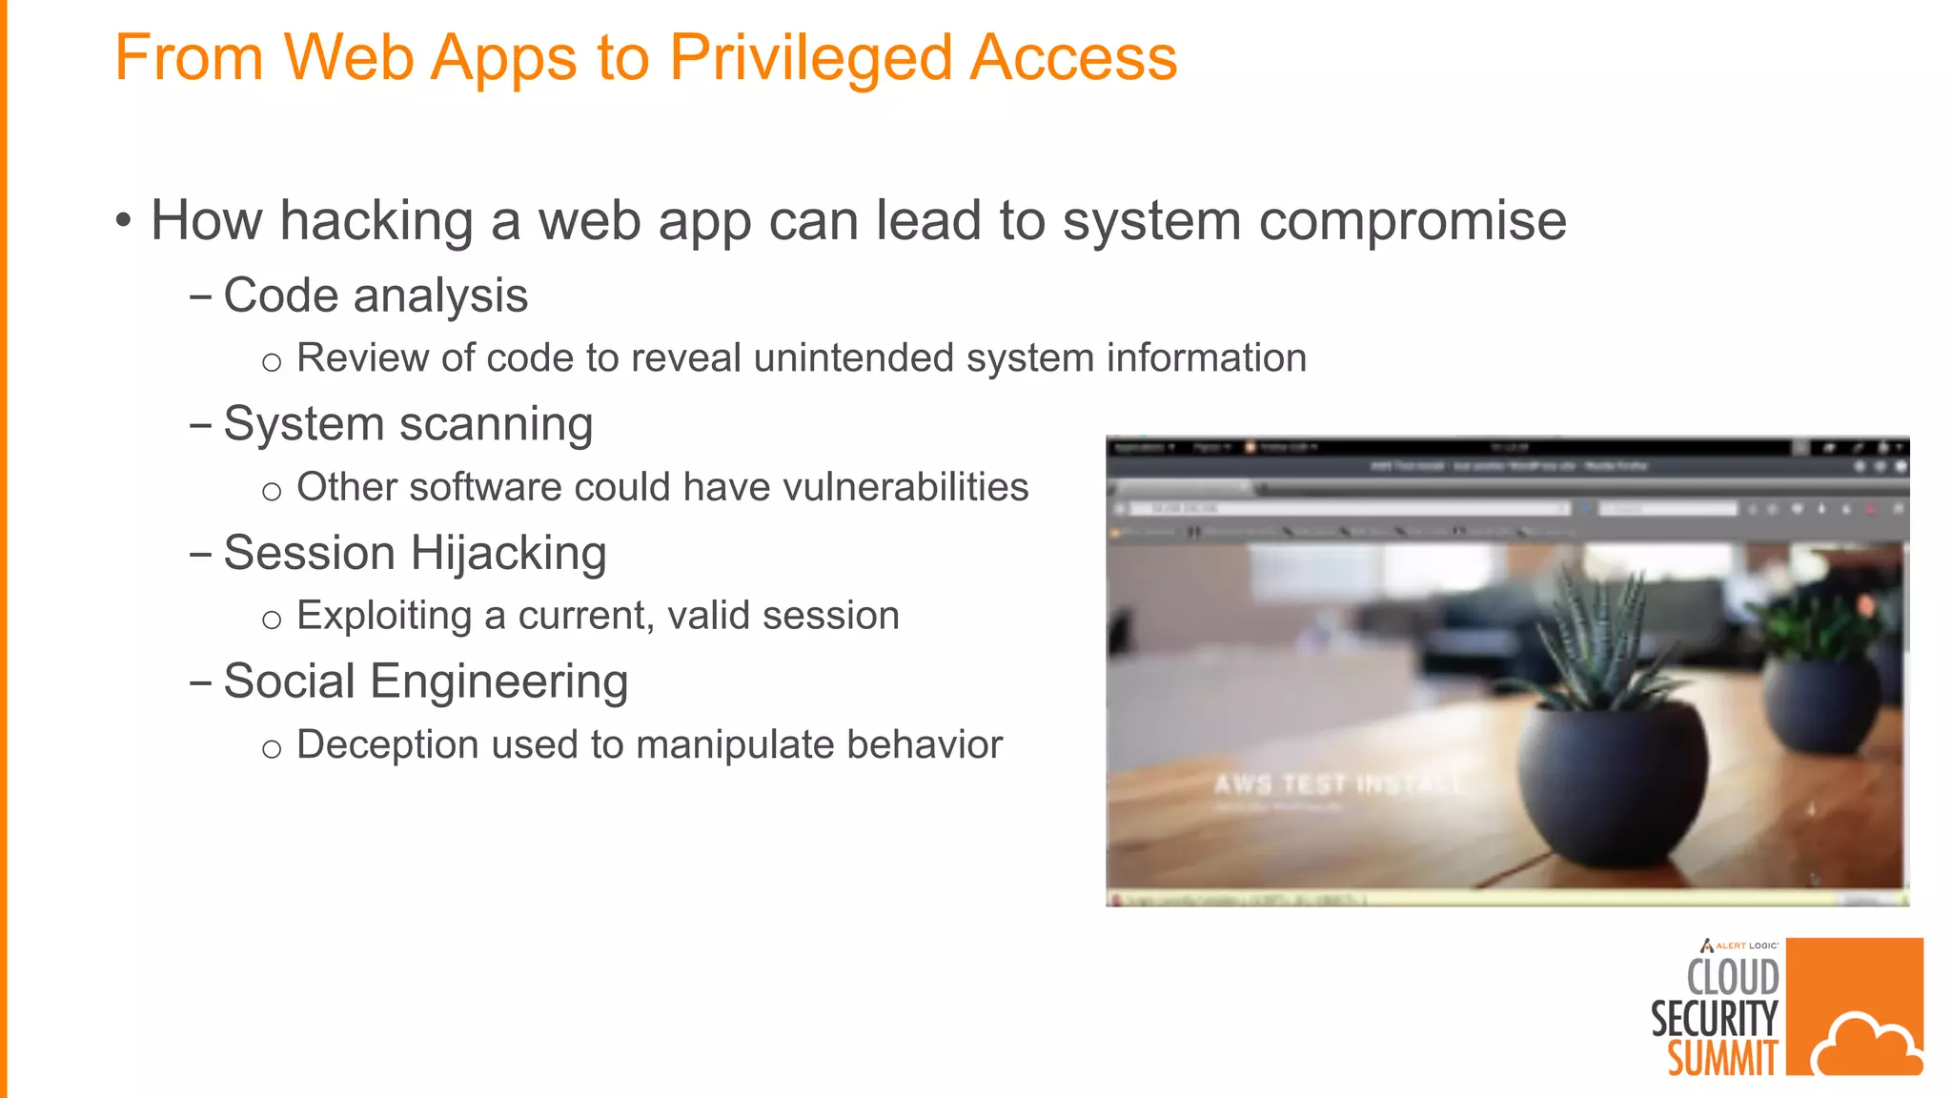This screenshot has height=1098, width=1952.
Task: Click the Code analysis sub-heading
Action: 375,295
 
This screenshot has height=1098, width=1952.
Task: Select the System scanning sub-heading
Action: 407,424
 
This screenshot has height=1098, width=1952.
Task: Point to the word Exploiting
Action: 383,616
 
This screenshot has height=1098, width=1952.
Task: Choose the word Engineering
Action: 498,682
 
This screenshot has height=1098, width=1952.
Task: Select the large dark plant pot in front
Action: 1612,782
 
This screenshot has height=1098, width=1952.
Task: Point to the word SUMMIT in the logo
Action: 1722,1058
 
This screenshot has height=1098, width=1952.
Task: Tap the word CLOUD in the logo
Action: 1732,977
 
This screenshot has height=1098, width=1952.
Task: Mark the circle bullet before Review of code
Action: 272,362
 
